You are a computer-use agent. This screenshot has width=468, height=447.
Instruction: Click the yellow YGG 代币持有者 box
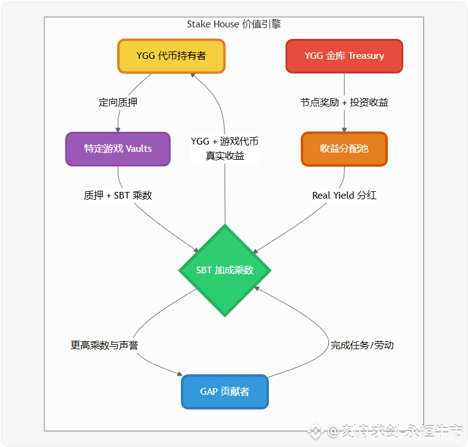click(171, 56)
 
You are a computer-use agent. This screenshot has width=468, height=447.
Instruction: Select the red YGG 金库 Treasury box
click(344, 56)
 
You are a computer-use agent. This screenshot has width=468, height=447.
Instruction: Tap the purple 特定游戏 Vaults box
click(118, 149)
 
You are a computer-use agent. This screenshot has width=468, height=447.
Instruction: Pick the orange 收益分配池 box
click(344, 149)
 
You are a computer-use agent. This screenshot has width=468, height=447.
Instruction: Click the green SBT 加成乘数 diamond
click(225, 270)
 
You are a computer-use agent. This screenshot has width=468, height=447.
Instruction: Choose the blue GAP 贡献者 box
click(225, 392)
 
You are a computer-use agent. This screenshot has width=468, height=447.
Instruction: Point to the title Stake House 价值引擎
click(234, 24)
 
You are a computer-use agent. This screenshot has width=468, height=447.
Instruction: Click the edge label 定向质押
click(118, 102)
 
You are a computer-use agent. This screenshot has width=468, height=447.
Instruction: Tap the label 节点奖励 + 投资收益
click(344, 102)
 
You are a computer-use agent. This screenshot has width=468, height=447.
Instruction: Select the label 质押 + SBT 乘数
click(118, 195)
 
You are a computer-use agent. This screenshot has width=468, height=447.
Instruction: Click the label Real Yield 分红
click(344, 195)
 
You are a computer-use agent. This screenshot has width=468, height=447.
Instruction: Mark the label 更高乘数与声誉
click(104, 345)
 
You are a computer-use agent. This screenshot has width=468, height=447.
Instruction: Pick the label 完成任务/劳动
click(362, 345)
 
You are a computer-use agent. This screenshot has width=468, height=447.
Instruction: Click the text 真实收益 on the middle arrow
click(225, 155)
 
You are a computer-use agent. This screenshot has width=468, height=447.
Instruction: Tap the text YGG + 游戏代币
click(225, 142)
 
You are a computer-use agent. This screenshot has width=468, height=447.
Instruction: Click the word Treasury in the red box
click(366, 56)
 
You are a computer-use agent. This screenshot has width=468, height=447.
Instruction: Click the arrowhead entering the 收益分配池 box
click(344, 130)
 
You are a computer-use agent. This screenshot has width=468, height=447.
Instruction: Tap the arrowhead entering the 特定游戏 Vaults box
click(118, 130)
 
